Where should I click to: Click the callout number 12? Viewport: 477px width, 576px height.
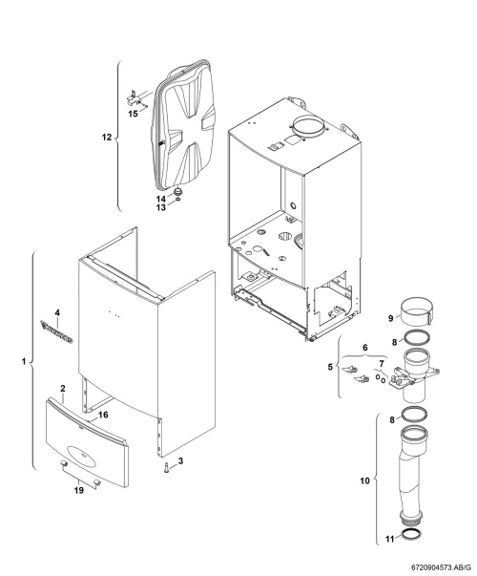click(107, 137)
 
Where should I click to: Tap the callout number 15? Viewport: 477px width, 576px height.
click(133, 114)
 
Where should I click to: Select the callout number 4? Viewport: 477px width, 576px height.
click(57, 313)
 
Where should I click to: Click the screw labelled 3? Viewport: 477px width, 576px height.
click(167, 468)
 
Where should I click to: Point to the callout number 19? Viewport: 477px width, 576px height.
click(79, 490)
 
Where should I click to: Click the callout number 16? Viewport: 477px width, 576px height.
click(103, 415)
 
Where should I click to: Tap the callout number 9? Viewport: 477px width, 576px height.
click(391, 318)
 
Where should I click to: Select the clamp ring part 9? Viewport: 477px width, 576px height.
click(417, 311)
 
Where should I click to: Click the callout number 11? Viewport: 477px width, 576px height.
click(389, 539)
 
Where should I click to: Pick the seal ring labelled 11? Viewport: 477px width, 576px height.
click(411, 535)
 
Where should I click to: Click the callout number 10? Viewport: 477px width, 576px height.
click(364, 480)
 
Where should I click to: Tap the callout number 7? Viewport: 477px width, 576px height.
click(382, 364)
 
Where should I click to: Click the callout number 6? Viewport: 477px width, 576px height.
click(365, 348)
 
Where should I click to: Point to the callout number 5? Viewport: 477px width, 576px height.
click(330, 367)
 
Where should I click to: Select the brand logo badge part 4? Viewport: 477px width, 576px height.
click(56, 331)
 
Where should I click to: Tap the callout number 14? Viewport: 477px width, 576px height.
click(161, 199)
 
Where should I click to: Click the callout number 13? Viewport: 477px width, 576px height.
click(161, 207)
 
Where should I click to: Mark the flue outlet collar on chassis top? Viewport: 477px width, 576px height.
click(308, 126)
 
